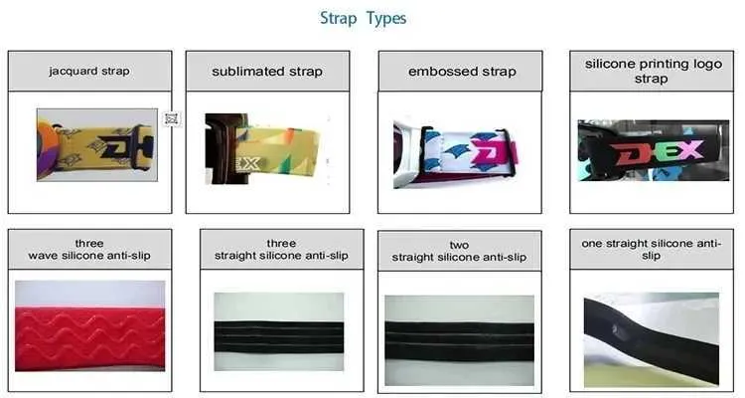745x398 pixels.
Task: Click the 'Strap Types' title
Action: [363, 19]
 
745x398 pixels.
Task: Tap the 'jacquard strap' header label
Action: [89, 71]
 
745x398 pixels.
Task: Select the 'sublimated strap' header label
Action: [267, 72]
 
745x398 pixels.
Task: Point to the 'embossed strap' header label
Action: [462, 72]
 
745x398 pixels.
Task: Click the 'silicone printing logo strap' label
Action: [653, 71]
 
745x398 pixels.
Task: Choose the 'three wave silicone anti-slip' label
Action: [89, 250]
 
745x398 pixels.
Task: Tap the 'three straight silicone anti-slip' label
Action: [281, 250]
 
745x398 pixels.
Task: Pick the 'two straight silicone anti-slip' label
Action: [459, 251]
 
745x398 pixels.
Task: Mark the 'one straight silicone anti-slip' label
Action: [651, 250]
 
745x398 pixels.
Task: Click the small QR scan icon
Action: [172, 118]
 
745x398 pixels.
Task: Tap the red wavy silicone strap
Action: [90, 338]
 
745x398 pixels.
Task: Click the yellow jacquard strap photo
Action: [97, 144]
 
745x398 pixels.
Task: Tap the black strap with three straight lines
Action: [279, 337]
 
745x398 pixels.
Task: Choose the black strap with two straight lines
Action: [460, 341]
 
